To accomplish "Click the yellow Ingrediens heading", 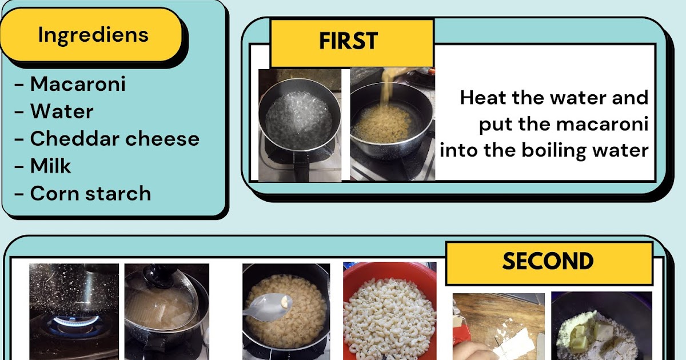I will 93,35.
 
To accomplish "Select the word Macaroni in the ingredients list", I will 78,84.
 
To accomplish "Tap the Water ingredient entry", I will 62,111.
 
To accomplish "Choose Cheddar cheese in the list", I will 114,139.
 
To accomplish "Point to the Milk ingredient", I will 51,166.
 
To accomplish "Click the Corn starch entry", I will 90,194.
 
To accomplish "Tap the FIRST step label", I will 349,42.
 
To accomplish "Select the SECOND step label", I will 548,262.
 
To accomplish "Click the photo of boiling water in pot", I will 300,125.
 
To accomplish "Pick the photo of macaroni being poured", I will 392,125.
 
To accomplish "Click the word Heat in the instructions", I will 484,98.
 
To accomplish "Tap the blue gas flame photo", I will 74,311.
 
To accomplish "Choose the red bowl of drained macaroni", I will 389,311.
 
